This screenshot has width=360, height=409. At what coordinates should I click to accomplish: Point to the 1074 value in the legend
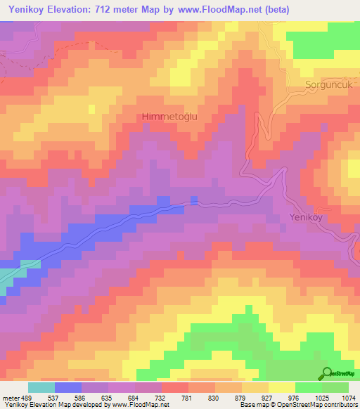[x=348, y=398]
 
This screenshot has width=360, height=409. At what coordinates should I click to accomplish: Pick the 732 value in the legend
[x=162, y=398]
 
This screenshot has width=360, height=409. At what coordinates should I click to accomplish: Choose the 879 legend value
[x=242, y=398]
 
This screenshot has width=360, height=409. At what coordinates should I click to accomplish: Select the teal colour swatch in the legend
[x=41, y=387]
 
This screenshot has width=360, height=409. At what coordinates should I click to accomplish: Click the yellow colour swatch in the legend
[x=282, y=387]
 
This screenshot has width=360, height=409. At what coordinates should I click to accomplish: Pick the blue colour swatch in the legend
[x=68, y=387]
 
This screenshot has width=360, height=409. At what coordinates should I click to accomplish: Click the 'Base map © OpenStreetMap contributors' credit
[x=298, y=405]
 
